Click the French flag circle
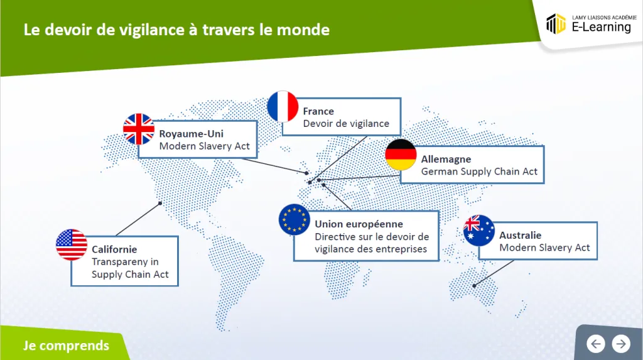(x=283, y=107)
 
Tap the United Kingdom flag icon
(x=139, y=129)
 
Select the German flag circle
(x=401, y=155)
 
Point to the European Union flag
(x=294, y=220)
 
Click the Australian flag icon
(x=478, y=231)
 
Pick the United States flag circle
(x=72, y=244)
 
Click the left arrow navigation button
(x=596, y=344)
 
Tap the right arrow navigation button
(x=621, y=344)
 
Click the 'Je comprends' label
(x=66, y=346)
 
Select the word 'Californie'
(x=114, y=249)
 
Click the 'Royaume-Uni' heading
(x=191, y=134)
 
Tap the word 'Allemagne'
(x=446, y=160)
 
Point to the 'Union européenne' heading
(x=359, y=224)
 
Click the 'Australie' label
(x=520, y=236)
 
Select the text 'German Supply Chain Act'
(x=479, y=172)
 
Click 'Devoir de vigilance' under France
(x=346, y=124)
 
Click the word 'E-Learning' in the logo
(x=601, y=27)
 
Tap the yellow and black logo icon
(x=556, y=24)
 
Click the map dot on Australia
(x=475, y=286)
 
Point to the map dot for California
(x=160, y=203)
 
